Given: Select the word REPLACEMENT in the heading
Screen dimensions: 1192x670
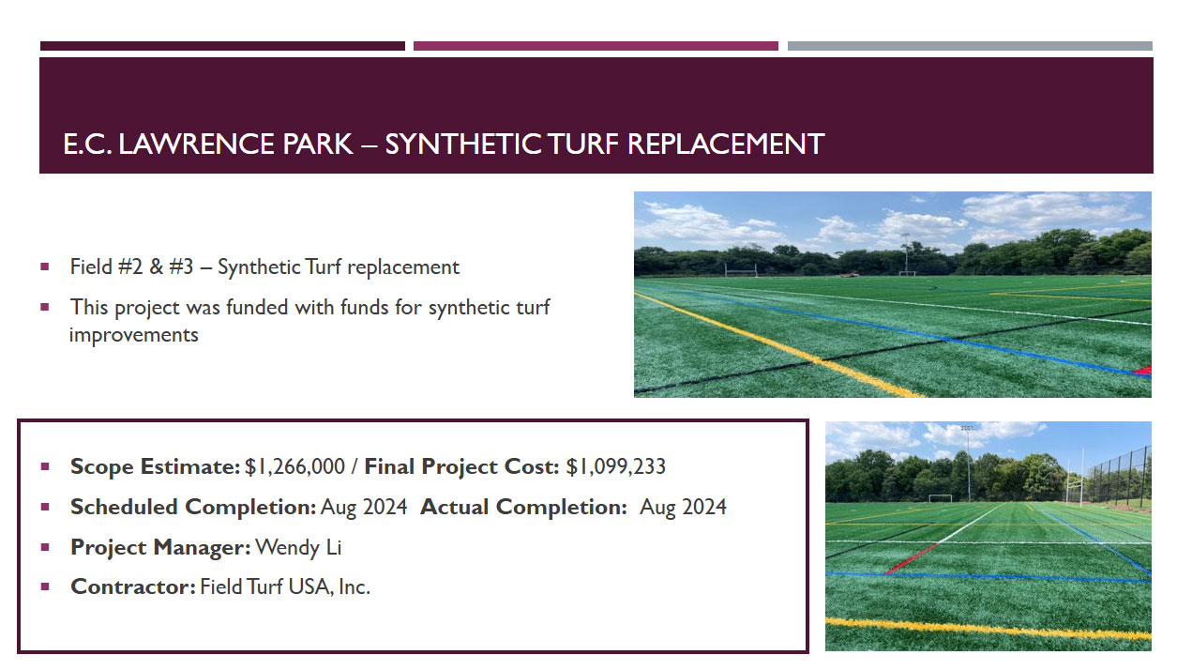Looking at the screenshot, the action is pyautogui.click(x=726, y=144).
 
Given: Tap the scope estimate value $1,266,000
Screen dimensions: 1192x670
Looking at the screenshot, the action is pyautogui.click(x=294, y=467).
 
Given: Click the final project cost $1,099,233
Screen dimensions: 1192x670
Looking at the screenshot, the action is pyautogui.click(x=615, y=467).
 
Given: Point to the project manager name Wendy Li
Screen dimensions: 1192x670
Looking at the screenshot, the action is pyautogui.click(x=298, y=547).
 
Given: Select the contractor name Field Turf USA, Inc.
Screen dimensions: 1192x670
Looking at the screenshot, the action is pyautogui.click(x=285, y=586).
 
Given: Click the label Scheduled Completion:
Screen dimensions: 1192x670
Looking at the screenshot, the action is pyautogui.click(x=193, y=507).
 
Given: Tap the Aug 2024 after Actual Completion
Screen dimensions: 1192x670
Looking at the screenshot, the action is pyautogui.click(x=683, y=507).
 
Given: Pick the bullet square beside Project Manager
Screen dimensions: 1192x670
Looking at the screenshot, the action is pyautogui.click(x=45, y=547).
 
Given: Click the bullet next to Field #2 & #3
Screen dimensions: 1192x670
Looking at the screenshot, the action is pyautogui.click(x=45, y=266).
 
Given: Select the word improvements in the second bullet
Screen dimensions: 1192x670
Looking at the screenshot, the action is pyautogui.click(x=133, y=336).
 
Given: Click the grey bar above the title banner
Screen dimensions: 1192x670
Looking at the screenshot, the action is pyautogui.click(x=970, y=46).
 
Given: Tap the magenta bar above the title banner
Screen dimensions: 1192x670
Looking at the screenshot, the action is pyautogui.click(x=596, y=46).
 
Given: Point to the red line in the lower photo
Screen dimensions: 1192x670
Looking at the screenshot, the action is pyautogui.click(x=912, y=558).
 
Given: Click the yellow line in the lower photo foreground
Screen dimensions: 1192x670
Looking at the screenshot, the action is pyautogui.click(x=988, y=629).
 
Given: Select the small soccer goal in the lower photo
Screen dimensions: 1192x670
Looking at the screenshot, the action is pyautogui.click(x=941, y=498).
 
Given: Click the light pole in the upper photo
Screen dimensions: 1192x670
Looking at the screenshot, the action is pyautogui.click(x=905, y=253).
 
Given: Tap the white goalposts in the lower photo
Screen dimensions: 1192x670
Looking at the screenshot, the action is pyautogui.click(x=1075, y=477).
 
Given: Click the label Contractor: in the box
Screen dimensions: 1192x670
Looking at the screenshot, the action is pyautogui.click(x=133, y=586).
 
